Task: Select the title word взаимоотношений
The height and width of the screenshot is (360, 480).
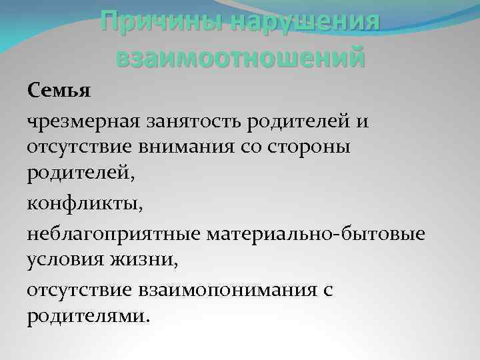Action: coord(240,56)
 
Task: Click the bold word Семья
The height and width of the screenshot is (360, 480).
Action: coord(59,90)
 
